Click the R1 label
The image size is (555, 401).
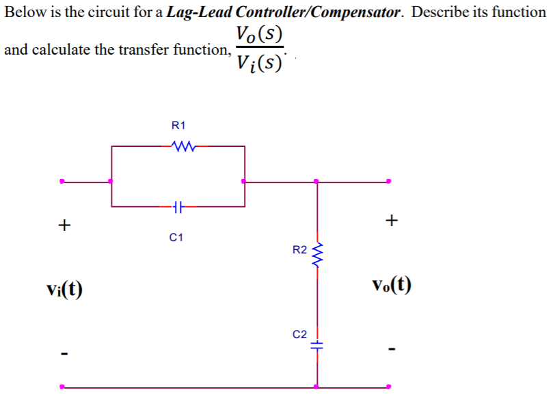pyautogui.click(x=178, y=125)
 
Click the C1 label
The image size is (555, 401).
pyautogui.click(x=176, y=238)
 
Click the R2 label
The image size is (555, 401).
pyautogui.click(x=299, y=250)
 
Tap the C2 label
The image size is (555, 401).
pyautogui.click(x=299, y=335)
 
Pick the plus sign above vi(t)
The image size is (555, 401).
pyautogui.click(x=64, y=223)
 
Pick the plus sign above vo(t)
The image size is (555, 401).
pyautogui.click(x=391, y=220)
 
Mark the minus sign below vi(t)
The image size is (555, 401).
pyautogui.click(x=64, y=353)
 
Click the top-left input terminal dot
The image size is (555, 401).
pyautogui.click(x=62, y=182)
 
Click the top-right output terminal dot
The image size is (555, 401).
pyautogui.click(x=388, y=182)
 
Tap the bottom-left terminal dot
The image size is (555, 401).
pyautogui.click(x=62, y=387)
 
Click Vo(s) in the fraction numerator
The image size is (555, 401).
pyautogui.click(x=258, y=33)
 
